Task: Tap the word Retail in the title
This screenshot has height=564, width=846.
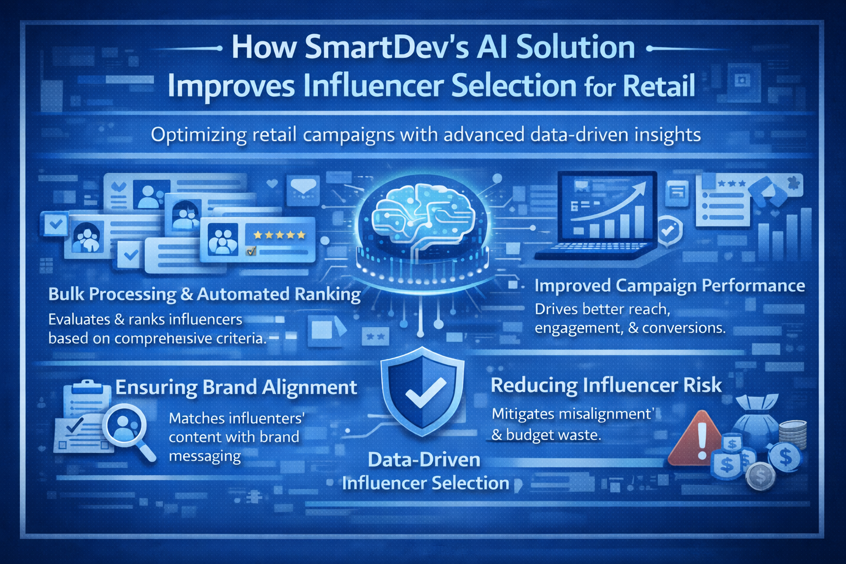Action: click(x=659, y=85)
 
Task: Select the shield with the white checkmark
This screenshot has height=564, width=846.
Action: click(x=422, y=392)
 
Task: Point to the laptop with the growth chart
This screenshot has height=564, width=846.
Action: click(x=597, y=215)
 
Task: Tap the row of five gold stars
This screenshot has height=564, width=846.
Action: click(x=279, y=235)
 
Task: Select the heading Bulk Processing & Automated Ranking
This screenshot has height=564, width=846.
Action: click(x=204, y=295)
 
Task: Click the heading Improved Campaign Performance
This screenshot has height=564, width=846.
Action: click(x=670, y=286)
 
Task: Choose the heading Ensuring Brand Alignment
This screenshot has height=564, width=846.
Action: click(x=236, y=388)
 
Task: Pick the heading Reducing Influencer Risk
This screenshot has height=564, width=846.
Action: click(x=606, y=386)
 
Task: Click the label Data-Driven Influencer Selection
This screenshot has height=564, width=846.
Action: click(x=425, y=471)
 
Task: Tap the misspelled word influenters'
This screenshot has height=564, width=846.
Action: click(x=237, y=418)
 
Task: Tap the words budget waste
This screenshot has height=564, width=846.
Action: click(x=553, y=435)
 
